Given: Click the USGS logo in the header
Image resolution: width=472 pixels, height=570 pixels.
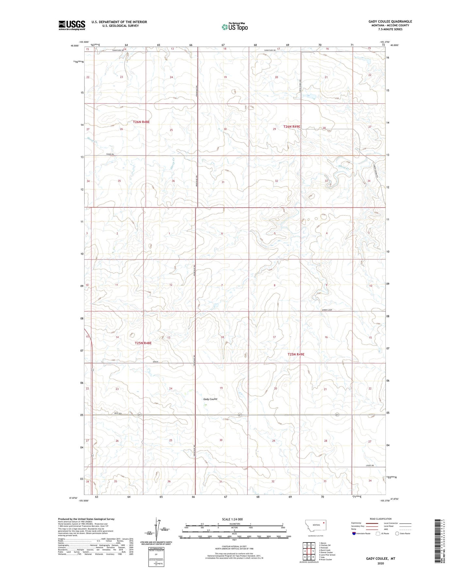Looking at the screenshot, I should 72,25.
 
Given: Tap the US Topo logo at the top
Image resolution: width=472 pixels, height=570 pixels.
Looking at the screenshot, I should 235,27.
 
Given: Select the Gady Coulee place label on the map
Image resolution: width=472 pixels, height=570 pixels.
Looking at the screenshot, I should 210,399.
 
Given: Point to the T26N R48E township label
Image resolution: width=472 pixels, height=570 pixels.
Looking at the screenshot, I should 141,122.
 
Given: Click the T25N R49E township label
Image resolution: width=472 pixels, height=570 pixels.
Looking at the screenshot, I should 296,354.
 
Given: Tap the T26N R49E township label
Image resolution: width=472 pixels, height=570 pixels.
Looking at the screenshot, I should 292,126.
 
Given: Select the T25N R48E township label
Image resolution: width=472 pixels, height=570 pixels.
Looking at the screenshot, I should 143,343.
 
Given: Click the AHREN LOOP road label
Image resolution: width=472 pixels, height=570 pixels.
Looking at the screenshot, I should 325,310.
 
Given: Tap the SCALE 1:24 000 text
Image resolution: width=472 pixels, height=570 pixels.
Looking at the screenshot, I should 232,519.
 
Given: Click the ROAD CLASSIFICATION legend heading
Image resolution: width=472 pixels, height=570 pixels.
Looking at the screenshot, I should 381,519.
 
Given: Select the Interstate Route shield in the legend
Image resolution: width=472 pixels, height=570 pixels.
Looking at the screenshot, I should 354,533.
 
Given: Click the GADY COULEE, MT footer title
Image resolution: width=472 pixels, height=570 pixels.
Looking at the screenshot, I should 381,559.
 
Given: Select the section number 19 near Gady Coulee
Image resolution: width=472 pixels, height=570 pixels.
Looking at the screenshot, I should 221,388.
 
